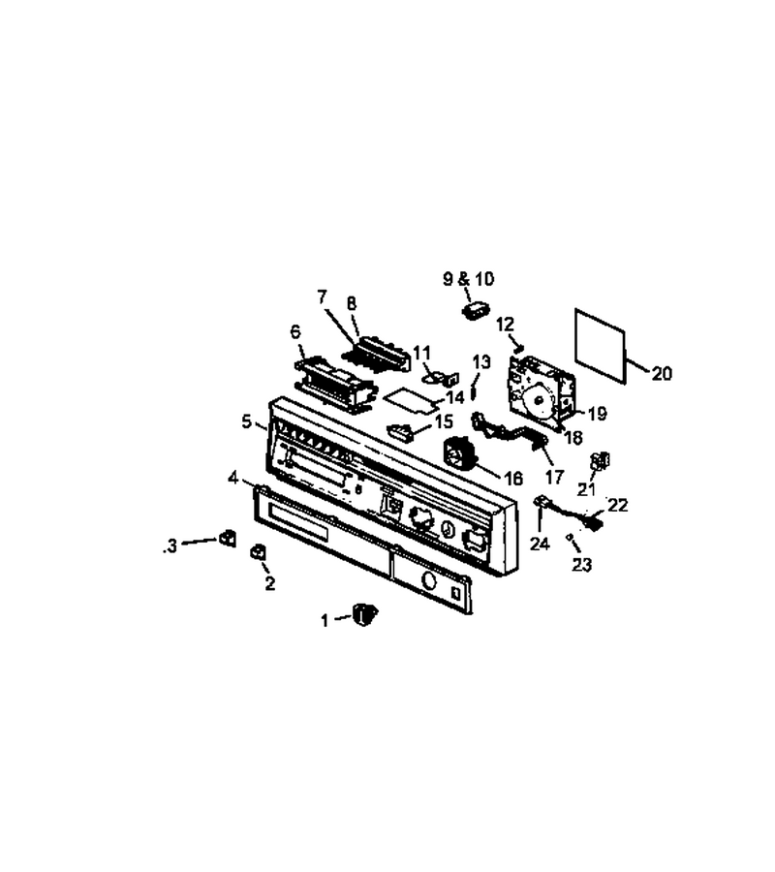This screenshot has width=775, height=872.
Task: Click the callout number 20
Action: point(661,373)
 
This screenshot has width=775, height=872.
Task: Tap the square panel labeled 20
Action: point(600,345)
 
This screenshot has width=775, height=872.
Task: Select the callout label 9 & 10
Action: point(468,279)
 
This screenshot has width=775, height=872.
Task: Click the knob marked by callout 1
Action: point(364,614)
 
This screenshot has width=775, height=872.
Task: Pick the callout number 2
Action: point(269,583)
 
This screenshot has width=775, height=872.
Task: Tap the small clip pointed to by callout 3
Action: point(228,539)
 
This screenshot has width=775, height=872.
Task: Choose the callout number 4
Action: point(232,477)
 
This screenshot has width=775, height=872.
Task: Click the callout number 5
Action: point(246,422)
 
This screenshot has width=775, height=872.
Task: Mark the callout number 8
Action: point(352,303)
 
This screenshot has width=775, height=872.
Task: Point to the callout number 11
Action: point(422,352)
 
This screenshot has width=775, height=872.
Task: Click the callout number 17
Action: point(554,477)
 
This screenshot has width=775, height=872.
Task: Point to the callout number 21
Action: point(586,489)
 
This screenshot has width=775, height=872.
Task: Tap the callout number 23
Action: point(581,565)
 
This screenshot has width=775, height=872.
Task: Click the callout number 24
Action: point(540,544)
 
